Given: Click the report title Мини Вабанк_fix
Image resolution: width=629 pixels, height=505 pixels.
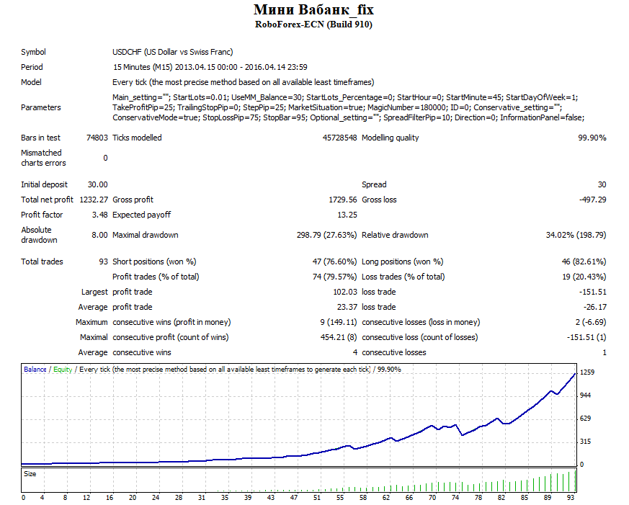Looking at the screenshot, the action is (x=313, y=9).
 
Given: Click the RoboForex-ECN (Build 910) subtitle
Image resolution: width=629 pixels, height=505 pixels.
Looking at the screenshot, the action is (x=313, y=24).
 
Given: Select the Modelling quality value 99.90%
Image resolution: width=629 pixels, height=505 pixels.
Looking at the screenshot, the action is (x=592, y=138).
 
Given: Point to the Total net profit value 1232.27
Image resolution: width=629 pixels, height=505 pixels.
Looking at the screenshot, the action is (x=94, y=200).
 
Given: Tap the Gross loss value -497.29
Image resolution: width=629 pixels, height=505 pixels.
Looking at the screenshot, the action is (x=592, y=200).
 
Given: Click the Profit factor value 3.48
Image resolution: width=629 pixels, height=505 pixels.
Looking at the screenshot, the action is (x=100, y=215).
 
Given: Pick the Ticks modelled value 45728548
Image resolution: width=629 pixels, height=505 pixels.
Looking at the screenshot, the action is (x=339, y=138).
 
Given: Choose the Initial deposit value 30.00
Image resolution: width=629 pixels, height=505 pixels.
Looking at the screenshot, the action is (x=98, y=184).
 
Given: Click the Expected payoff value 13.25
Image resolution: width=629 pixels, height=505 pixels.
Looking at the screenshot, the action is (x=347, y=215).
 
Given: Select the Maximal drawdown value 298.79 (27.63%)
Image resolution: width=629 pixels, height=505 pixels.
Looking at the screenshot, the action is (x=326, y=235).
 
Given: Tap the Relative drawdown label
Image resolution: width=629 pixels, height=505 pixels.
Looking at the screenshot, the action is (x=395, y=235).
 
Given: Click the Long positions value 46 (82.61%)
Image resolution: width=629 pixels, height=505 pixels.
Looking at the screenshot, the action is (x=584, y=262).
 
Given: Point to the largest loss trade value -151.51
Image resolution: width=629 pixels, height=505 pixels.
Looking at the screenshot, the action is (x=592, y=292).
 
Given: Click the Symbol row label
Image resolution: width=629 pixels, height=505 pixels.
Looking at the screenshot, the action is (x=33, y=52).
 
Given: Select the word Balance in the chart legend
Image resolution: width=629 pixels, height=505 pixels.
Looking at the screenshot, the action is (x=35, y=369).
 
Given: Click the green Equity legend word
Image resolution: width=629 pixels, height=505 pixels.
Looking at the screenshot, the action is (x=63, y=369).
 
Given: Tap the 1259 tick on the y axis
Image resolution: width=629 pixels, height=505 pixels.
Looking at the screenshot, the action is (x=587, y=372).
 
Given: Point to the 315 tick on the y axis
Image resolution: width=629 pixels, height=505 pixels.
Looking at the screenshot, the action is (x=586, y=441).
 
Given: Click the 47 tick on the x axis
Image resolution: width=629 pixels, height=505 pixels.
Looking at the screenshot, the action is (x=294, y=497).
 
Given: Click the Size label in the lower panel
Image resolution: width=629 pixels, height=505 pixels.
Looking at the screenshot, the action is (x=30, y=474).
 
